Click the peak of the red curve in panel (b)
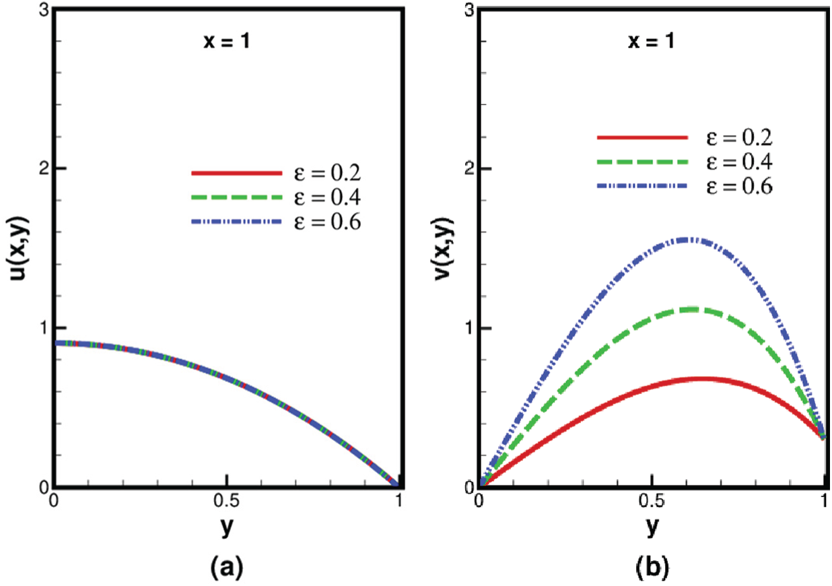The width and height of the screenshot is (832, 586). (700, 379)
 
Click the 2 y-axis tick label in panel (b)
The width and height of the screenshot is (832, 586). (469, 168)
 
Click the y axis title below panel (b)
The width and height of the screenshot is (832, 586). (652, 529)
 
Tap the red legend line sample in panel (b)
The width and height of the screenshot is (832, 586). (642, 137)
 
